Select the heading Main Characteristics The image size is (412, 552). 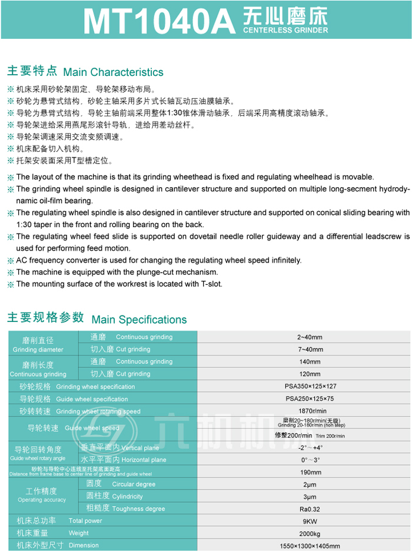click(x=113, y=72)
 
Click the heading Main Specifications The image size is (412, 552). click(x=139, y=320)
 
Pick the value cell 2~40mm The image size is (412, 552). click(x=310, y=337)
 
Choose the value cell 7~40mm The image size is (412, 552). click(x=310, y=350)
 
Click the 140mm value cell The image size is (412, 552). click(x=310, y=362)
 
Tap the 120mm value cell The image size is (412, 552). click(x=310, y=374)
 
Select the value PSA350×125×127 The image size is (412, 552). click(x=310, y=387)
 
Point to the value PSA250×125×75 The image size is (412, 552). click(x=310, y=399)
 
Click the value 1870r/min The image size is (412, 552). click(x=310, y=411)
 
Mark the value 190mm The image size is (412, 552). click(x=310, y=472)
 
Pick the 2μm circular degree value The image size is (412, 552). click(x=310, y=484)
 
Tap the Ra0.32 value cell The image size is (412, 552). click(x=310, y=508)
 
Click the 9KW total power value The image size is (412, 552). click(x=310, y=521)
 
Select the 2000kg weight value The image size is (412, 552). click(x=310, y=533)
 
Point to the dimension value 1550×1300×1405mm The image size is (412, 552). click(x=310, y=546)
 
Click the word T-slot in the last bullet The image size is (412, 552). click(x=211, y=284)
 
